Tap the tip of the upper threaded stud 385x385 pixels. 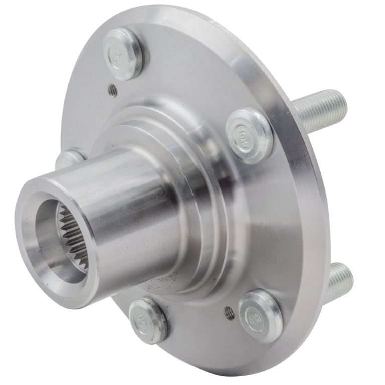pos(345,102)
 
